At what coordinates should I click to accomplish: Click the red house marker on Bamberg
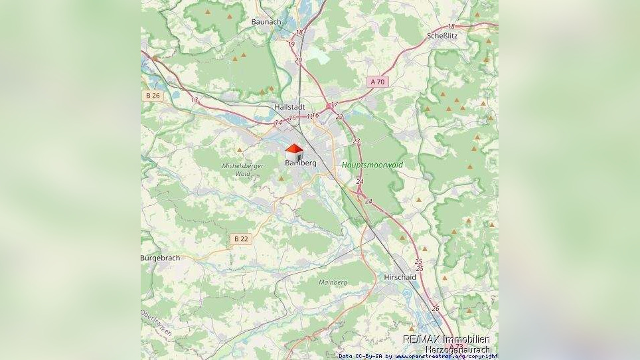point(294,151)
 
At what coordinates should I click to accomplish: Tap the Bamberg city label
point(300,163)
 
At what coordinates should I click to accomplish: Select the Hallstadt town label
point(289,106)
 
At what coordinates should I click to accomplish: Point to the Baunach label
point(266,21)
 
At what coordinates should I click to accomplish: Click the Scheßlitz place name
point(442,36)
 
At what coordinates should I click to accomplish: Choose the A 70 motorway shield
point(377,82)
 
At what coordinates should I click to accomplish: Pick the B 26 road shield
point(153,96)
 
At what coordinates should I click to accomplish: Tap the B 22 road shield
point(242,238)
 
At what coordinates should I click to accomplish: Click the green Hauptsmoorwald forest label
point(372,165)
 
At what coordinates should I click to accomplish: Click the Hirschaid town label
point(400,277)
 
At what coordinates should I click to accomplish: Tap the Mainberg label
point(333,282)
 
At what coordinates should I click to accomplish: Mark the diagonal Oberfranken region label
point(155,323)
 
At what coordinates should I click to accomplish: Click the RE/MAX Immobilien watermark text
point(446,339)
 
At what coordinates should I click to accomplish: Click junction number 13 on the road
point(194,100)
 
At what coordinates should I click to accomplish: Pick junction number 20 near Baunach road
point(298,60)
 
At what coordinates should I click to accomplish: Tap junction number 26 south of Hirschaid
point(436,308)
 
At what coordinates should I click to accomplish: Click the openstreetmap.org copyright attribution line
point(418,357)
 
